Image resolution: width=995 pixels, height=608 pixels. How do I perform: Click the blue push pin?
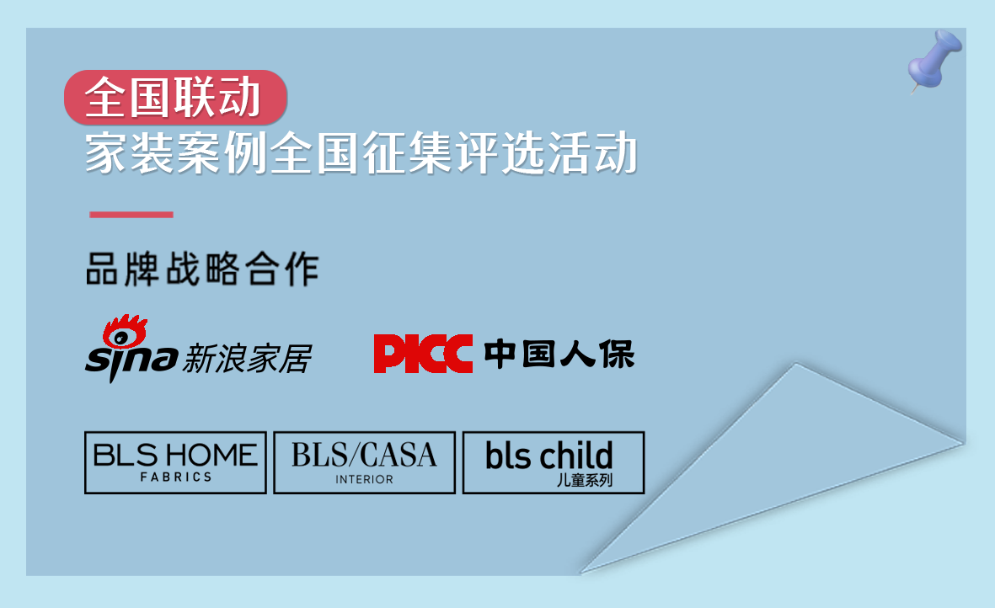pyautogui.click(x=934, y=61)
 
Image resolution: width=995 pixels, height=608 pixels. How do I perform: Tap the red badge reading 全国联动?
pyautogui.click(x=175, y=98)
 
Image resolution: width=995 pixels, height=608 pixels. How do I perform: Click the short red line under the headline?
pyautogui.click(x=131, y=214)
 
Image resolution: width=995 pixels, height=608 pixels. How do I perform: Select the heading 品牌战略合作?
pyautogui.click(x=202, y=269)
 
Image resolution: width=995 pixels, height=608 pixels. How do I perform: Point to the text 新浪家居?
pyautogui.click(x=247, y=359)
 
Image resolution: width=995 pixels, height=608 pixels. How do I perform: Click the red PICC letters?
pyautogui.click(x=423, y=353)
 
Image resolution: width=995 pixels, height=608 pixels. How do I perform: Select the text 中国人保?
pyautogui.click(x=559, y=354)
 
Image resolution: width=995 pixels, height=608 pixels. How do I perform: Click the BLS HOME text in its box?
pyautogui.click(x=175, y=456)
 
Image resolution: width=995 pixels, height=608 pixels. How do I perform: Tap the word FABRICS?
pyautogui.click(x=176, y=477)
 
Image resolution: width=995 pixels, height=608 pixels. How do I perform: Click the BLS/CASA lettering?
pyautogui.click(x=364, y=455)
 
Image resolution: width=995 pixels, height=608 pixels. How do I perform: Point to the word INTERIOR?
pyautogui.click(x=364, y=479)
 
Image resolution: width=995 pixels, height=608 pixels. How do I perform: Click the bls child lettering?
pyautogui.click(x=549, y=456)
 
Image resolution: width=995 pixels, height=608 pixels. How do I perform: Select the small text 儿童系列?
pyautogui.click(x=585, y=480)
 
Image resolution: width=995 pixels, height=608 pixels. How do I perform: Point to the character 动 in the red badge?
pyautogui.click(x=239, y=98)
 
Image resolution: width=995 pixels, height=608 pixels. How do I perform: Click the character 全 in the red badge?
pyautogui.click(x=106, y=98)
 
